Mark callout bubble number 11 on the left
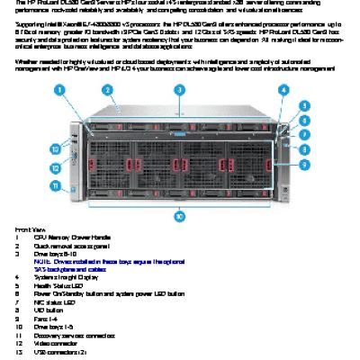(56, 185)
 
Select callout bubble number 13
(56, 148)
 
